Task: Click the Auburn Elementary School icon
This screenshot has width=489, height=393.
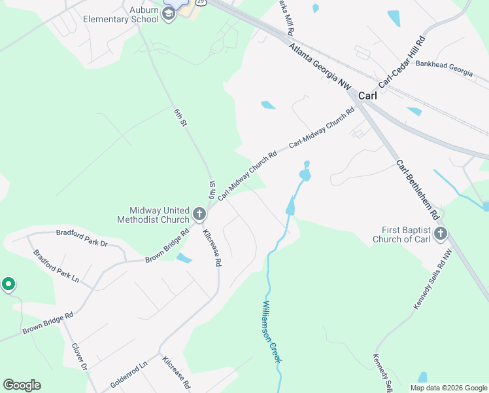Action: (x=169, y=14)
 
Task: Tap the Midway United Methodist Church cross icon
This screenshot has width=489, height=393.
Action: (x=199, y=214)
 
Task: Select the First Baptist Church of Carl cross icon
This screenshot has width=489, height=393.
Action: (x=440, y=234)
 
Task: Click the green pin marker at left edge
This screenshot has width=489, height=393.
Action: (x=8, y=284)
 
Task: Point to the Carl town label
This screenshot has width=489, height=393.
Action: (x=367, y=95)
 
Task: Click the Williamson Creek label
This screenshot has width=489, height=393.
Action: (x=271, y=331)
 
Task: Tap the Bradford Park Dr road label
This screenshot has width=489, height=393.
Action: (x=82, y=237)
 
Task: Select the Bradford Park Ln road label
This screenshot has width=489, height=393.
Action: (x=56, y=266)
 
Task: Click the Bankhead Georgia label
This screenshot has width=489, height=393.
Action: (x=444, y=68)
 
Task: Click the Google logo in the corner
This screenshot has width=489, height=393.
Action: (x=22, y=385)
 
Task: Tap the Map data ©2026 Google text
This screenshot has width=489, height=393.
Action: (x=448, y=388)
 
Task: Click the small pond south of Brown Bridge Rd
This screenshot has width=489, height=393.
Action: (x=184, y=258)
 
